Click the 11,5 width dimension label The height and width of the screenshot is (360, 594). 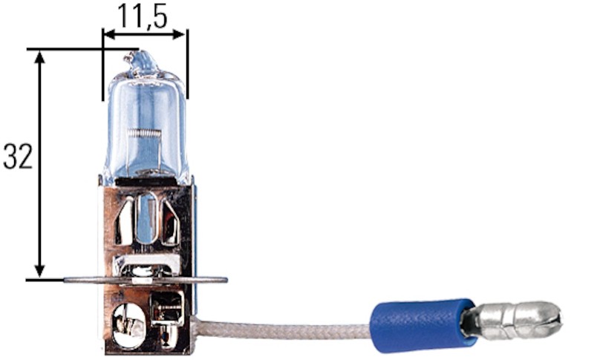point(142,16)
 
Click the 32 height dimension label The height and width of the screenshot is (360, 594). point(18,157)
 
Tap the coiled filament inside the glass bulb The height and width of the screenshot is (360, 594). point(144,133)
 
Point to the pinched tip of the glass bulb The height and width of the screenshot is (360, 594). point(139,61)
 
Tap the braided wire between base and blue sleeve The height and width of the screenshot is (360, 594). point(282,329)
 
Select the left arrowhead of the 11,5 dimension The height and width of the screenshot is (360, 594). point(109,35)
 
